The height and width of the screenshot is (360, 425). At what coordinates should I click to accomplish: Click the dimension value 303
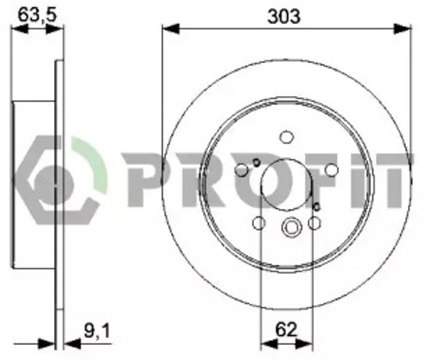pyautogui.click(x=283, y=16)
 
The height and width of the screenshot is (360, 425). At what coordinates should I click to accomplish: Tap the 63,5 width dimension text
pyautogui.click(x=37, y=15)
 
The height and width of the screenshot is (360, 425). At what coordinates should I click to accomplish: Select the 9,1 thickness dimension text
pyautogui.click(x=97, y=331)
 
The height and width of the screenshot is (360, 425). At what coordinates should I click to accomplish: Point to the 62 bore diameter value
pyautogui.click(x=286, y=330)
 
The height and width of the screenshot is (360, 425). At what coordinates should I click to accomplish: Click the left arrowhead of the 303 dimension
pyautogui.click(x=171, y=28)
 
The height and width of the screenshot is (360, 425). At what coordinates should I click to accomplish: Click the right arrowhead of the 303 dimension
pyautogui.click(x=403, y=28)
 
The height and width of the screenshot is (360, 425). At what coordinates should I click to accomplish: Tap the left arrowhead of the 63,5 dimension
pyautogui.click(x=19, y=28)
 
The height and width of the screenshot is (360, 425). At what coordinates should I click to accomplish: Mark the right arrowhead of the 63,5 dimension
pyautogui.click(x=55, y=28)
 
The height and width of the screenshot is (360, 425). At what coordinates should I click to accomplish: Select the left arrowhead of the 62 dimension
pyautogui.click(x=269, y=343)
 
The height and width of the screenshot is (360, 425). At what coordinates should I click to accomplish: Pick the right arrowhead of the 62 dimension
pyautogui.click(x=304, y=343)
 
